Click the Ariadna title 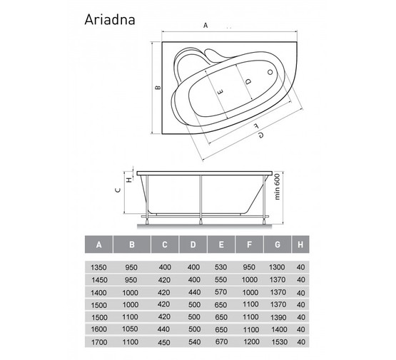pyautogui.click(x=110, y=19)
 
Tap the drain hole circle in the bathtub pyautogui.click(x=270, y=73)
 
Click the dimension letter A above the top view pyautogui.click(x=205, y=25)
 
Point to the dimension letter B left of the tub pyautogui.click(x=158, y=88)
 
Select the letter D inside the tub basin pyautogui.click(x=248, y=81)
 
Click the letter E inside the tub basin pyautogui.click(x=220, y=91)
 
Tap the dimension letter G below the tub pyautogui.click(x=261, y=135)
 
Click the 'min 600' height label pyautogui.click(x=277, y=187)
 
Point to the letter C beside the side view pyautogui.click(x=118, y=190)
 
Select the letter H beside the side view pyautogui.click(x=129, y=180)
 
